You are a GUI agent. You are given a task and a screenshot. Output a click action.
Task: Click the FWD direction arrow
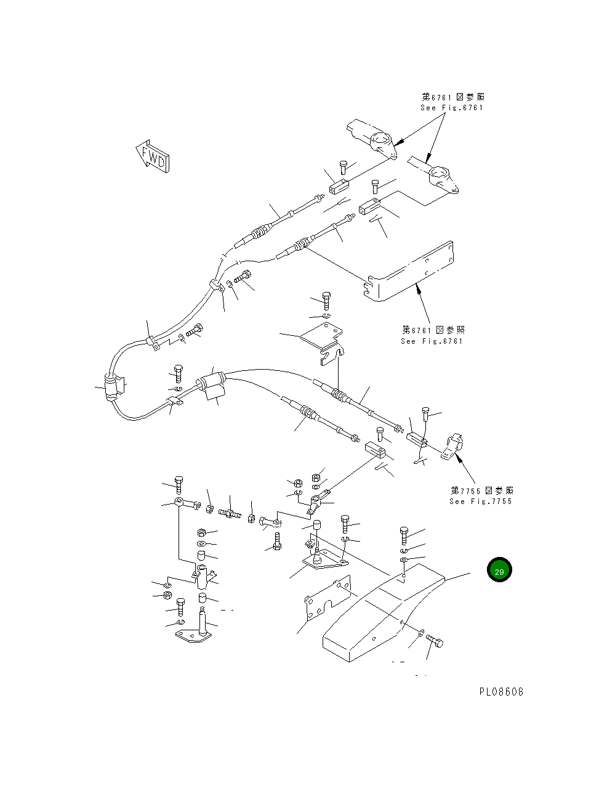pos(152,158)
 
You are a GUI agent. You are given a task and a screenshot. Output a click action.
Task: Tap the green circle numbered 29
pos(499,571)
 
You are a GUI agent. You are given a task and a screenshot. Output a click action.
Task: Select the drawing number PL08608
pos(501,692)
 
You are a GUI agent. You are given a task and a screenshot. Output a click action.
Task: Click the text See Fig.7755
pos(480,501)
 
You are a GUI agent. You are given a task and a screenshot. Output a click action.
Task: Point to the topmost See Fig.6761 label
pos(452,107)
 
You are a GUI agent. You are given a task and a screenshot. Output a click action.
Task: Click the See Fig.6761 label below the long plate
pos(432,341)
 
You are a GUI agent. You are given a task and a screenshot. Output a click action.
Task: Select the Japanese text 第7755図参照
pos(481,490)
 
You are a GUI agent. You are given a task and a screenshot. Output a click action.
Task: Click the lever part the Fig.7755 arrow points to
pos(454,446)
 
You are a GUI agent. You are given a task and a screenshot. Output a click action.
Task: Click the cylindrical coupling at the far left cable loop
pos(111,389)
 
